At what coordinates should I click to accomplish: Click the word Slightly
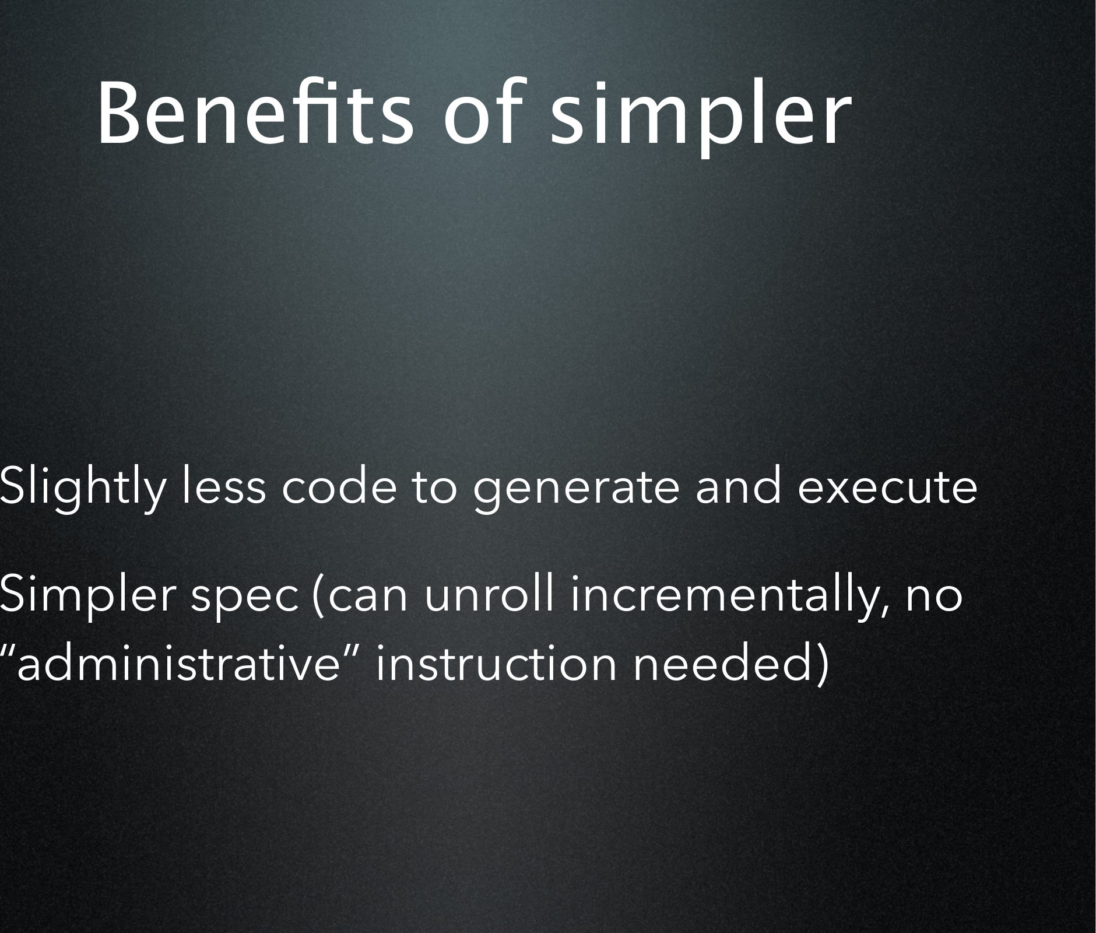pyautogui.click(x=82, y=487)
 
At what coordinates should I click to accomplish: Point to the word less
pyautogui.click(x=224, y=486)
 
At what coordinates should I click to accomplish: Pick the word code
pyautogui.click(x=338, y=486)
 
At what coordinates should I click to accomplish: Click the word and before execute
pyautogui.click(x=738, y=486)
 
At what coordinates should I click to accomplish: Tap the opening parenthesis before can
pyautogui.click(x=317, y=597)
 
